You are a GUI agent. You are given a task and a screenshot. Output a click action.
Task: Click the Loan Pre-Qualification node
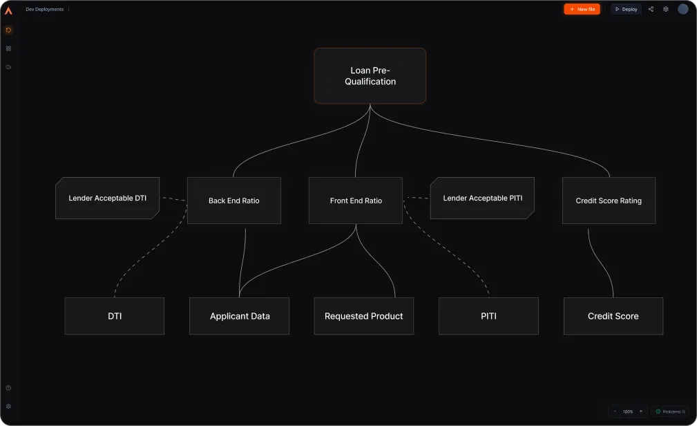(x=370, y=76)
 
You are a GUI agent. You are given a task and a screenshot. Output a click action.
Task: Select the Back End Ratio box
(x=233, y=201)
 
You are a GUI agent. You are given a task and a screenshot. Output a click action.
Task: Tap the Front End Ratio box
(x=355, y=201)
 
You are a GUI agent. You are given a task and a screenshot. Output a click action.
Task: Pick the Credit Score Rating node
(x=609, y=201)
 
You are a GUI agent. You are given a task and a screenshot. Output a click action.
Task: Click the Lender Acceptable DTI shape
(x=107, y=198)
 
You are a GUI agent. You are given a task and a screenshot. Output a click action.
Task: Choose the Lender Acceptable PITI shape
(x=482, y=198)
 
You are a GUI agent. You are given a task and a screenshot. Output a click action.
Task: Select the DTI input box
(x=114, y=316)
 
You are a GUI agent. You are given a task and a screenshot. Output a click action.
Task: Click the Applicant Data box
(x=240, y=316)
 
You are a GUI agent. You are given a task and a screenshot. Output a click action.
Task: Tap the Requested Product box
(x=363, y=316)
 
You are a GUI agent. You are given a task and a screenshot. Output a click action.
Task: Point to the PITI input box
(x=488, y=316)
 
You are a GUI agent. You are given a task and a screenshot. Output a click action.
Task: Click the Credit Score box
(x=613, y=316)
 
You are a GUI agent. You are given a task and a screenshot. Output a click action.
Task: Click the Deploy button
(x=626, y=9)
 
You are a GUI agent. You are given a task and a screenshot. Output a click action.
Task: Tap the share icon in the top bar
(x=651, y=9)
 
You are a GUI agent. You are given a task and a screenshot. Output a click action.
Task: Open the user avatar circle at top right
(x=682, y=9)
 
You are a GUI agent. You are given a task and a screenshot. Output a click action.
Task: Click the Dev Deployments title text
(x=44, y=9)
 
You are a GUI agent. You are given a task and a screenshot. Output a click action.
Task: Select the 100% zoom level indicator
(x=627, y=411)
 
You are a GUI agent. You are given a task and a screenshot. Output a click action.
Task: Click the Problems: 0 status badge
(x=669, y=411)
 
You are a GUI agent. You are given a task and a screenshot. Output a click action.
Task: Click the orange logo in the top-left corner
(x=8, y=10)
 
